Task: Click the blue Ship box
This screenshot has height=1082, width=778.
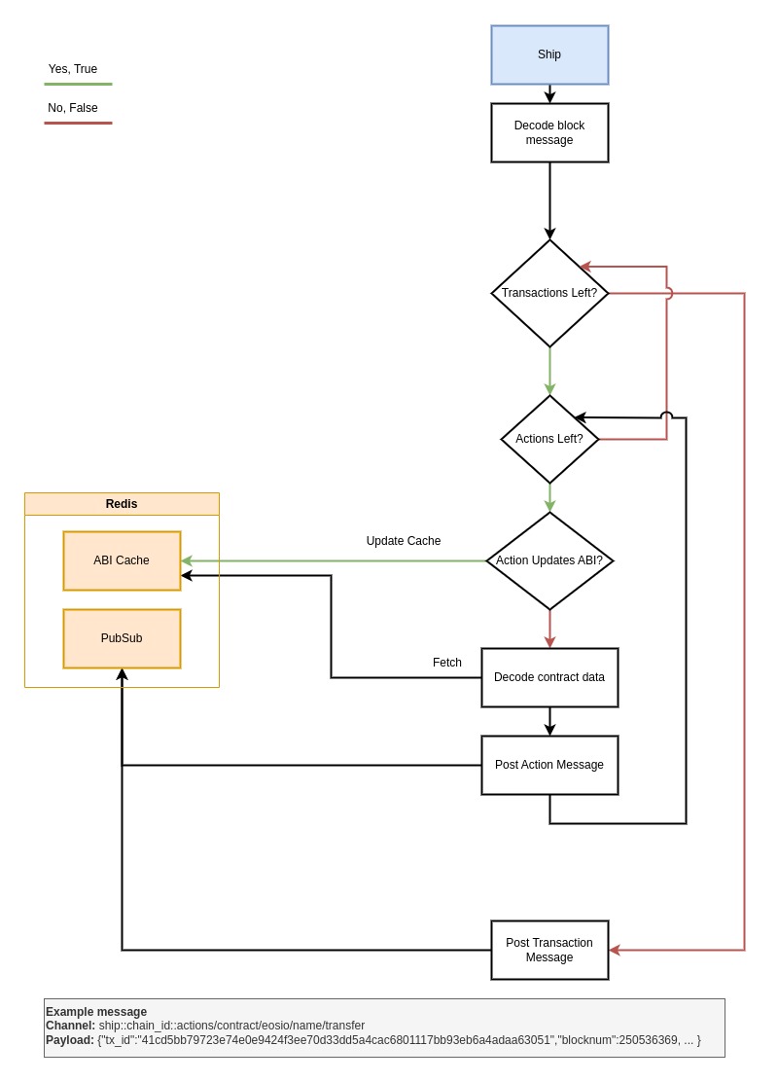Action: pos(549,54)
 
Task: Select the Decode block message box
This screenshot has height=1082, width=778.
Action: pos(549,132)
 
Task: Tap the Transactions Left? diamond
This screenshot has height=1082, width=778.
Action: pos(549,293)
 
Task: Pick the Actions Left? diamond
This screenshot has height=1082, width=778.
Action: pos(549,439)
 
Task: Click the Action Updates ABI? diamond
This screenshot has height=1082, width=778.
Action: pos(549,561)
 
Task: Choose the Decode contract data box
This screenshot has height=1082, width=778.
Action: pos(549,677)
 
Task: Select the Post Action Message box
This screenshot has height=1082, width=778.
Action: pos(549,765)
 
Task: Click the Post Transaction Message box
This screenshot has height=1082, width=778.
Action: pos(549,951)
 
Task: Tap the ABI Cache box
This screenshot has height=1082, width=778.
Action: pos(123,561)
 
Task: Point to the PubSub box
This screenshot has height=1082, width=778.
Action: pos(123,638)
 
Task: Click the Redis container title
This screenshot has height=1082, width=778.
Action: pos(122,504)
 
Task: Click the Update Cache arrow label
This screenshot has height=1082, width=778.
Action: pos(404,541)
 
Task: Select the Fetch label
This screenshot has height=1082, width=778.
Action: pos(447,663)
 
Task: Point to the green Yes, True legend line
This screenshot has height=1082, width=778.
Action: pos(78,85)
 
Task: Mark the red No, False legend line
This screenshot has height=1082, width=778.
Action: pos(78,123)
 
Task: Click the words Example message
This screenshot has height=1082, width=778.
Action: pos(96,1012)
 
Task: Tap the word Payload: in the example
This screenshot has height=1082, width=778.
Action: pos(70,1040)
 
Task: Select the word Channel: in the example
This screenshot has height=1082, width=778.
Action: pos(70,1026)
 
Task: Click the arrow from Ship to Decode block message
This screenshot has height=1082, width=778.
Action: pos(549,93)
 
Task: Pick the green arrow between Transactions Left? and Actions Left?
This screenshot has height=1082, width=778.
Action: pos(549,372)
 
